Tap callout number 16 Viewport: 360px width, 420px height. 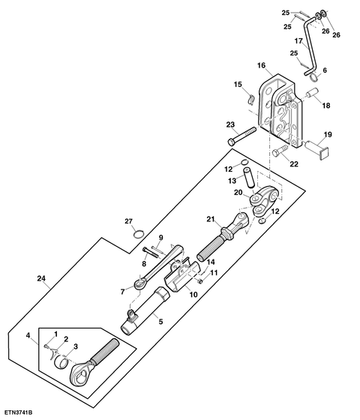point(261,65)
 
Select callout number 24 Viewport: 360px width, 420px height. point(41,278)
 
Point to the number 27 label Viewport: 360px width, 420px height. point(128,221)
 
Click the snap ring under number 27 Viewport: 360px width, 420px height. point(139,234)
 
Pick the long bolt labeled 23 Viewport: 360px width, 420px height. point(241,136)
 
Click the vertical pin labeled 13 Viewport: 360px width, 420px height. point(249,178)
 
